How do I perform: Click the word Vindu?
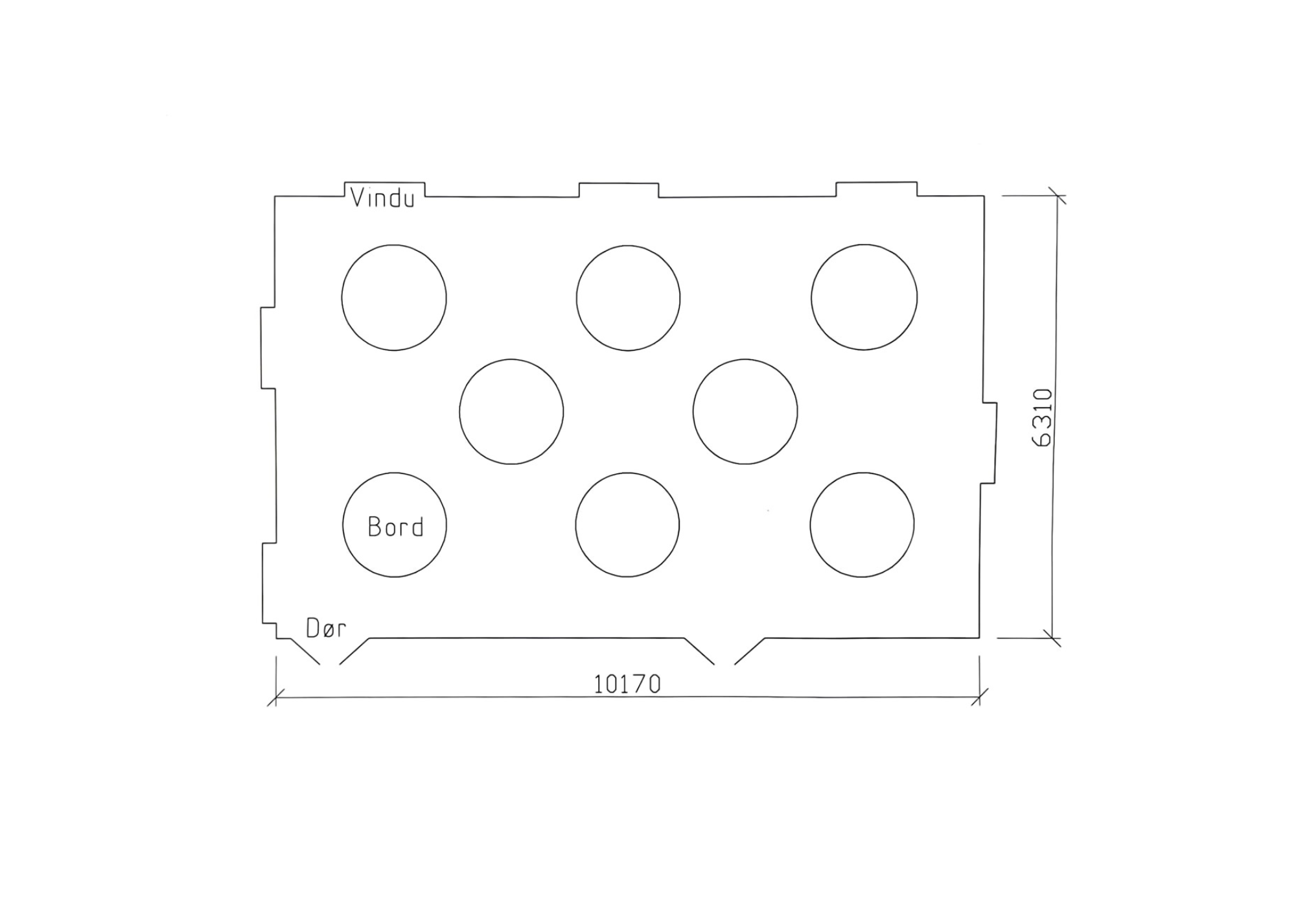(x=382, y=198)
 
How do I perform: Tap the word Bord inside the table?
(x=395, y=527)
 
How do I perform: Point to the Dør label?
(x=326, y=628)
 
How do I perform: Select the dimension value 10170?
(x=627, y=684)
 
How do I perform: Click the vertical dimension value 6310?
(x=1043, y=418)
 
